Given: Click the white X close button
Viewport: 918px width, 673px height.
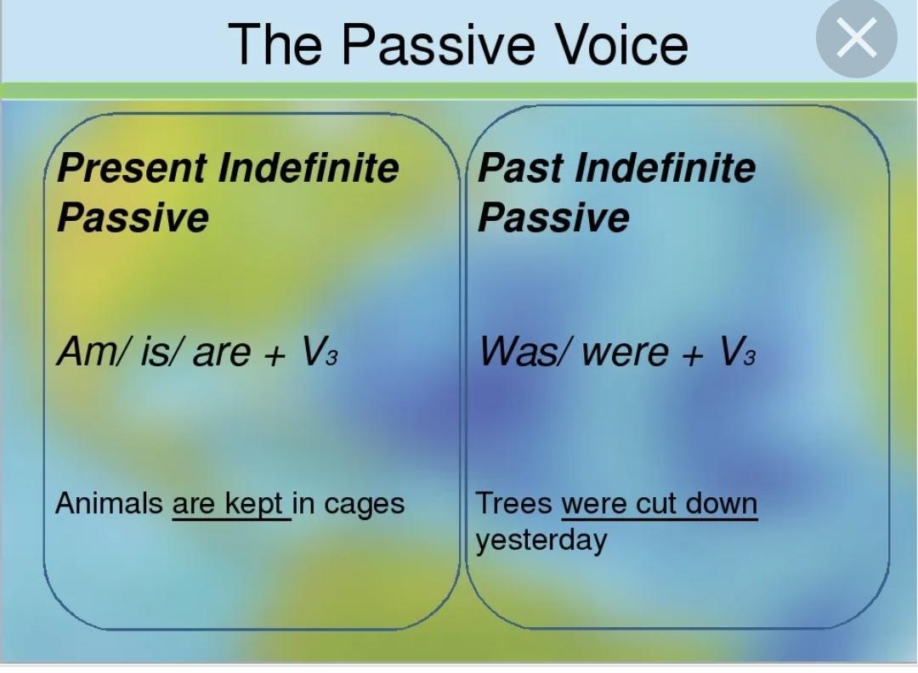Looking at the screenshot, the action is pos(856,37).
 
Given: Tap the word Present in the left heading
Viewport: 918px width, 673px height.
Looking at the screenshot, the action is pos(131,168).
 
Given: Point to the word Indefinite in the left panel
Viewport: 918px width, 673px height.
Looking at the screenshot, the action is pos(309,168).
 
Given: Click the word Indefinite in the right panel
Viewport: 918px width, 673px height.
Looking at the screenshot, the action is pos(666,168).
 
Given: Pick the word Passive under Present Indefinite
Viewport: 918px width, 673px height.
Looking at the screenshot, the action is pos(133,218).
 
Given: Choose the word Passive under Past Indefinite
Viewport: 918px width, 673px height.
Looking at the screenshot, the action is pos(554,218).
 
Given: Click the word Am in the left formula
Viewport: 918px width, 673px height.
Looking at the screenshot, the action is pos(87,351).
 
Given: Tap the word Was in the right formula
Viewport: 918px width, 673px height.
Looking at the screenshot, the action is pos(518,351).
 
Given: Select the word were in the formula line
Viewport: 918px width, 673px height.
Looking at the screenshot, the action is pos(626,353).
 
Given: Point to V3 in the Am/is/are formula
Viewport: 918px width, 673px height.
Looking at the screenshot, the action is pos(320,351).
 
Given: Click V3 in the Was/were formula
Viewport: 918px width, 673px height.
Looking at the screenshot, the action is pos(737,351).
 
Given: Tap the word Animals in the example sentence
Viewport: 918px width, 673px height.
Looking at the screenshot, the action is pos(109,503).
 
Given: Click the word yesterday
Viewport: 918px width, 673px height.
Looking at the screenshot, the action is pos(541,540).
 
